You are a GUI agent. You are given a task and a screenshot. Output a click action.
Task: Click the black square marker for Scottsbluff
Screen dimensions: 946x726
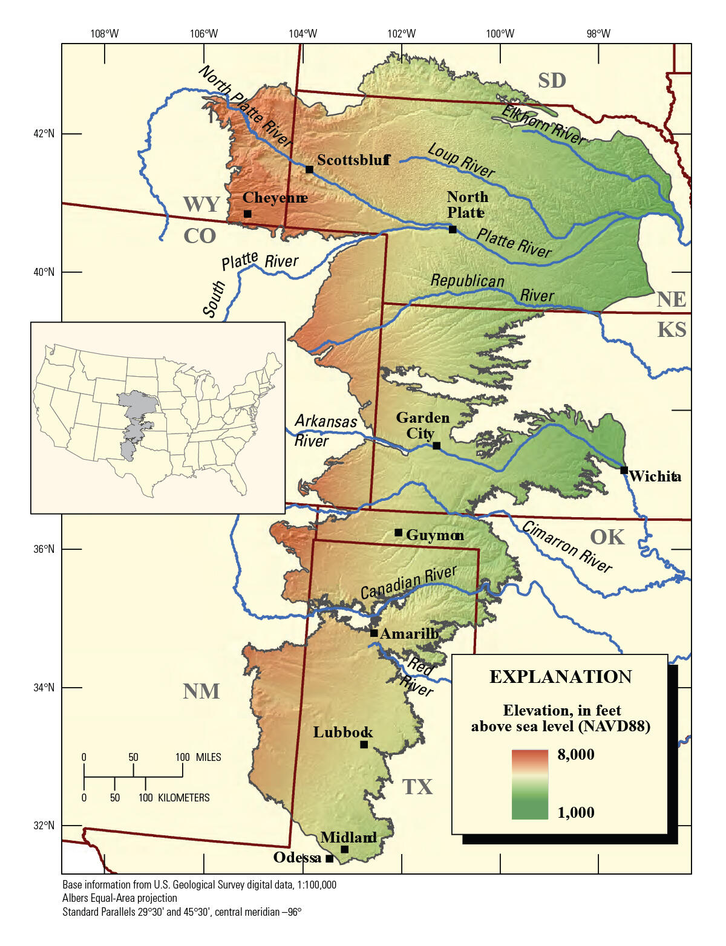click(x=309, y=169)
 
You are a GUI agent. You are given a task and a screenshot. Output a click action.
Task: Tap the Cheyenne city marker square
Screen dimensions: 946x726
click(x=247, y=214)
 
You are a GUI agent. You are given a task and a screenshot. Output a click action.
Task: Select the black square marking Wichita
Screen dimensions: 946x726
click(x=624, y=470)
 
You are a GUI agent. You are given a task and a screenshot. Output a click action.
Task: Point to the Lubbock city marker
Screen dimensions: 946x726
click(x=364, y=745)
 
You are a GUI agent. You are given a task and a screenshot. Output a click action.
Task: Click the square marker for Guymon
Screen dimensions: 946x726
click(x=398, y=532)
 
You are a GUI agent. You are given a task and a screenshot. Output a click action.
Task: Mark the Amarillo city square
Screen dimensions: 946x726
click(x=374, y=633)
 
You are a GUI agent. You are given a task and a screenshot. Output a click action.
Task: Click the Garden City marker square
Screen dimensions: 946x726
click(x=436, y=446)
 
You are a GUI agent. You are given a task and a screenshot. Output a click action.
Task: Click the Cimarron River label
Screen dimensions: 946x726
click(x=567, y=547)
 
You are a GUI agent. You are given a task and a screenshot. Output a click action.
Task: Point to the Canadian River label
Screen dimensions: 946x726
click(x=408, y=582)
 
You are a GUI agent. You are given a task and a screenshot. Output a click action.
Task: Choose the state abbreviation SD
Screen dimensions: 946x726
click(x=552, y=80)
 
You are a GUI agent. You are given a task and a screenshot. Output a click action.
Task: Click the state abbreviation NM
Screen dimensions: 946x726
click(x=201, y=691)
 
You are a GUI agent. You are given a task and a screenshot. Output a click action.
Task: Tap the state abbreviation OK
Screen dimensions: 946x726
click(x=607, y=537)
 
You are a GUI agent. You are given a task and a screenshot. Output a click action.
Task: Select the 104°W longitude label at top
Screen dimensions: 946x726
click(x=302, y=33)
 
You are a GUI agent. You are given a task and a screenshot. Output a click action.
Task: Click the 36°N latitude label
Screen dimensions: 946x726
click(x=44, y=549)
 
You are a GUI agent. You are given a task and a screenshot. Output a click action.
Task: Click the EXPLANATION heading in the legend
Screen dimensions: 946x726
click(x=560, y=677)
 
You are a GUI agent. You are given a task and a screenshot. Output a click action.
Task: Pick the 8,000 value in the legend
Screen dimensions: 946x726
click(x=575, y=754)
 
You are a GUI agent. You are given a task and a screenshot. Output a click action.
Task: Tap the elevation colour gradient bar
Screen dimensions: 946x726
click(x=529, y=785)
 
